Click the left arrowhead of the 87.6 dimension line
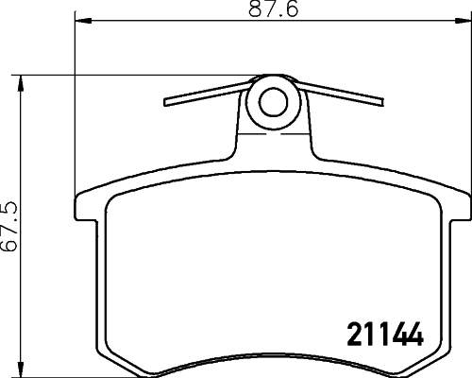(x=78, y=20)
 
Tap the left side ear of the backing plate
(x=82, y=212)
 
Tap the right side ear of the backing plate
(x=458, y=212)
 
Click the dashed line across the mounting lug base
(x=273, y=135)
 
